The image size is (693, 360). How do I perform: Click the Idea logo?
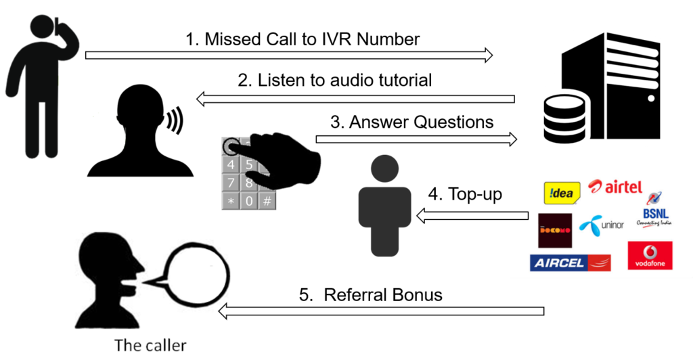coord(562,193)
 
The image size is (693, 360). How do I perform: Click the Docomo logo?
coord(554,231)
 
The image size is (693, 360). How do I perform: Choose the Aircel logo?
coord(571,263)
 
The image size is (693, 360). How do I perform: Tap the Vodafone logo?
coord(650,256)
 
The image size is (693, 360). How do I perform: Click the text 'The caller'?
coord(150,345)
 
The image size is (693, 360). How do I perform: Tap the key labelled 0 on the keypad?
coord(250,201)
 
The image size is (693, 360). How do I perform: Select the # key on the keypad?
coord(268,201)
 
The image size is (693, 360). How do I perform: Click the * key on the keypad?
coord(231,201)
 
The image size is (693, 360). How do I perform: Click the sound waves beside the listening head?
coord(175,122)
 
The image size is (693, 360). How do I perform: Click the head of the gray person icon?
coord(385,168)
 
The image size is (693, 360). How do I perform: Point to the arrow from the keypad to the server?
coord(416,139)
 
